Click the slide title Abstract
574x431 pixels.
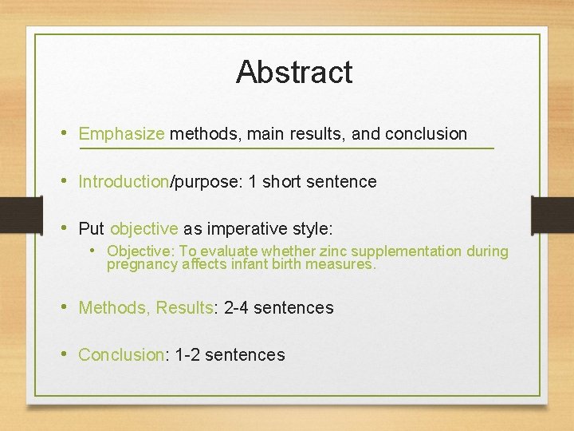tap(294, 72)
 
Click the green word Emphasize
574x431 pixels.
tap(121, 134)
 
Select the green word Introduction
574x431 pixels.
tap(124, 182)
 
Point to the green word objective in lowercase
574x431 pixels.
tap(144, 229)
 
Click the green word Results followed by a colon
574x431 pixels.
tap(184, 307)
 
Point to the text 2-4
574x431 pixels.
tap(240, 307)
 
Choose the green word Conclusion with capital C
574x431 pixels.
tap(120, 355)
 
